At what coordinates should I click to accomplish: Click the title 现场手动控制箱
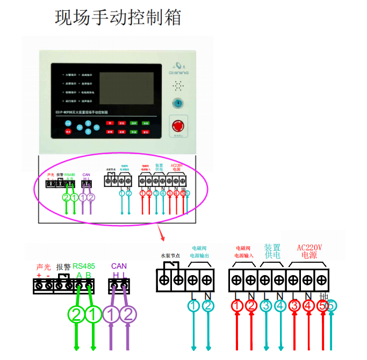click(119, 17)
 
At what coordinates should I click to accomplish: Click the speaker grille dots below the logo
click(177, 85)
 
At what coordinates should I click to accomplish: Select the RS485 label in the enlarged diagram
click(83, 266)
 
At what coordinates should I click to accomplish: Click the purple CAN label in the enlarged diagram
click(119, 266)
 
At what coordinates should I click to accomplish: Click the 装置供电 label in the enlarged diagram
click(272, 251)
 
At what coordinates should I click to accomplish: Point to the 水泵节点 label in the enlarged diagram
click(170, 256)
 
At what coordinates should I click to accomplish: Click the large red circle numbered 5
click(322, 306)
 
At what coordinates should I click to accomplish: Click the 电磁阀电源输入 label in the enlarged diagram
click(244, 252)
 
